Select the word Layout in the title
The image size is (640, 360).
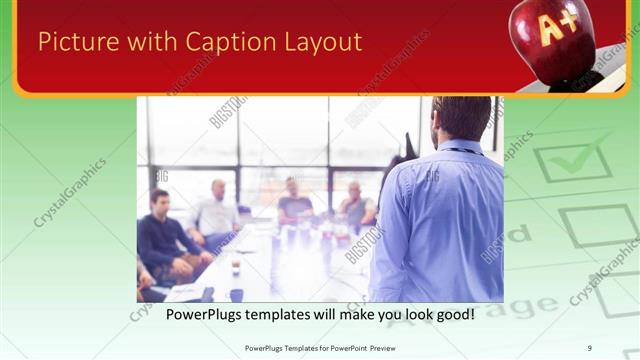click(x=323, y=42)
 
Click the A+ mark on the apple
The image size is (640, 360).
click(x=556, y=28)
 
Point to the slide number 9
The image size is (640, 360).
click(x=590, y=348)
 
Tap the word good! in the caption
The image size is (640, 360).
click(x=451, y=314)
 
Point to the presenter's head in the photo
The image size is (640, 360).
click(x=461, y=117)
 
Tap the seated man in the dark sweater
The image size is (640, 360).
click(x=163, y=235)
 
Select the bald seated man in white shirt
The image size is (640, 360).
click(x=216, y=210)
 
